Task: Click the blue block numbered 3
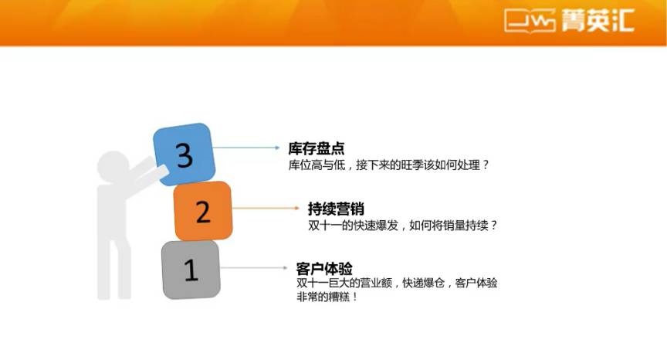[x=185, y=154]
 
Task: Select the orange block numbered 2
[x=203, y=211]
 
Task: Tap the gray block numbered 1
[x=191, y=270]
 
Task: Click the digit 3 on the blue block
[x=185, y=155]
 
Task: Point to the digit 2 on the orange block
[x=203, y=212]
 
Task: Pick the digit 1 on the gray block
[x=191, y=270]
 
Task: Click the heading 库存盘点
[x=316, y=148]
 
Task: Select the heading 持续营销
[x=336, y=209]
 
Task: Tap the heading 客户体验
[x=324, y=269]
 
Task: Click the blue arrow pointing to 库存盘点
[x=245, y=148]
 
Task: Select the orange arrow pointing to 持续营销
[x=266, y=208]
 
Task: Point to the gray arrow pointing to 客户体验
[x=254, y=267]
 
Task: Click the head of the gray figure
[x=113, y=165]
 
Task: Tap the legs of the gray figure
[x=114, y=268]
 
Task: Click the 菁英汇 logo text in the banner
[x=598, y=20]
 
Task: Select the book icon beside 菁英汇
[x=530, y=20]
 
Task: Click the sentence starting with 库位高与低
[x=389, y=165]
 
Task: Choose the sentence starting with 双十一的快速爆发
[x=402, y=226]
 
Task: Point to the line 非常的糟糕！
[x=327, y=297]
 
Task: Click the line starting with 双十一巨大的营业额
[x=397, y=283]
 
